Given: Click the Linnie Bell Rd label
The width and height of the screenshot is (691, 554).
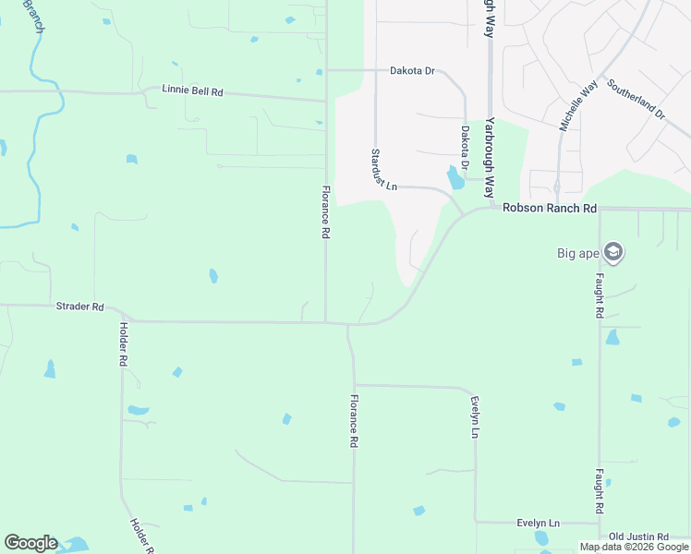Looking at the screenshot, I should [192, 91].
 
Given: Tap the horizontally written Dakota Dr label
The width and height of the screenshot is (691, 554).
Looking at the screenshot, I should [412, 70].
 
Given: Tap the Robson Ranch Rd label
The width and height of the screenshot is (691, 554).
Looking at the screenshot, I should [550, 209].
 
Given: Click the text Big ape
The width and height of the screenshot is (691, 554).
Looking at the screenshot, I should [577, 253].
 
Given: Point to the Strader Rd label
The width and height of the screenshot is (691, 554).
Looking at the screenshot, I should [79, 307].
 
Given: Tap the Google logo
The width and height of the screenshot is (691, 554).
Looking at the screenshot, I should [30, 543].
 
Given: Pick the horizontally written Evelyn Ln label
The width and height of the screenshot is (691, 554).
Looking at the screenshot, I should [539, 523].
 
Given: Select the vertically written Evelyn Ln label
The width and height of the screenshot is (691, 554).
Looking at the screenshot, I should [475, 417].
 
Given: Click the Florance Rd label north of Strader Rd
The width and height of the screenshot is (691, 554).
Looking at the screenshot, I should [325, 212].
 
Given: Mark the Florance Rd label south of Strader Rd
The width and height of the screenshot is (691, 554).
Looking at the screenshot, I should [353, 421].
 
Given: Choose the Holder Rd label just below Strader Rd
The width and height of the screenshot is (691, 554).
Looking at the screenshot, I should [122, 344].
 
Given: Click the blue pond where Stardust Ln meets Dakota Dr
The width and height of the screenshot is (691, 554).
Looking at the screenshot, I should [455, 176].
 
